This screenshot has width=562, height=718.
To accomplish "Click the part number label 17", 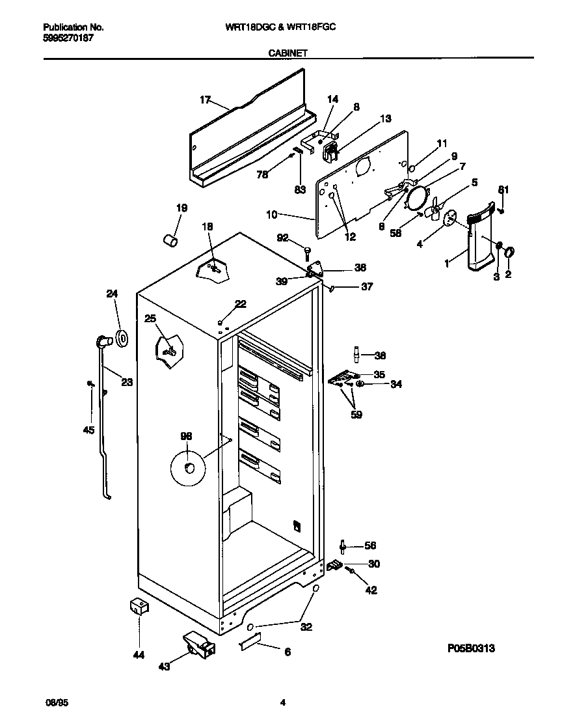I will [206, 100].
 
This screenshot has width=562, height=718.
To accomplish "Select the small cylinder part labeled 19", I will [170, 240].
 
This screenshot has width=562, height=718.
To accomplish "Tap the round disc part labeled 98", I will [187, 468].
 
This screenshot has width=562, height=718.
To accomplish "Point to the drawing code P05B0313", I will [472, 648].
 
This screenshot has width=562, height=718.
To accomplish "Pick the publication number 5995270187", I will [68, 38].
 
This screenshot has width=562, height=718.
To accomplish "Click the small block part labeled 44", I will [138, 608].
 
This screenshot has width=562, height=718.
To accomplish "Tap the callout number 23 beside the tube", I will [126, 382].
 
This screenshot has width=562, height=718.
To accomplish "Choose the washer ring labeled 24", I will [121, 338].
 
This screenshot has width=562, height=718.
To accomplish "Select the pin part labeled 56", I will [343, 545].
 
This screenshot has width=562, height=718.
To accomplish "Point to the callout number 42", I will [371, 590].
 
